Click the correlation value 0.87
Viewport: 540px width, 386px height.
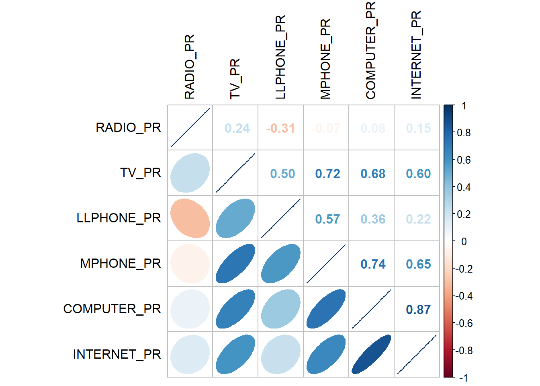[x=418, y=310]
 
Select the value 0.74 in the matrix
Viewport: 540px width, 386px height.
[x=373, y=264]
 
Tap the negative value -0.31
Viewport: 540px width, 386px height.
[x=280, y=128]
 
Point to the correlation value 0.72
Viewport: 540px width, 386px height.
[x=327, y=174]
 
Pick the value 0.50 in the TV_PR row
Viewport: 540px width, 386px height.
[x=282, y=174]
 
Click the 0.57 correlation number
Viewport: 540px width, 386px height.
[x=327, y=219]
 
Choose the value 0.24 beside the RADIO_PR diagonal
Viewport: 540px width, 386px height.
[x=237, y=128]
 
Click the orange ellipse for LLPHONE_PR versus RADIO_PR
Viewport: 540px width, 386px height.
[x=190, y=218]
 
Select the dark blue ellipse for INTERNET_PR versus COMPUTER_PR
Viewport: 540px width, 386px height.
[x=371, y=354]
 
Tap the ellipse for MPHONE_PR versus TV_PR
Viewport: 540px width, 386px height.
[x=235, y=264]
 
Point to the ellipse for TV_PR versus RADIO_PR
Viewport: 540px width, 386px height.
[x=190, y=173]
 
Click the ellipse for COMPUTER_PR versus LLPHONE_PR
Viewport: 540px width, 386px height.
[x=281, y=309]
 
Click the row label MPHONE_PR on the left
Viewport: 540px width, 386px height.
[x=121, y=263]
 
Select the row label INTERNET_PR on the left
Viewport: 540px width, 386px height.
[x=117, y=354]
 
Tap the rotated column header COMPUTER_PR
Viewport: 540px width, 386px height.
[x=370, y=50]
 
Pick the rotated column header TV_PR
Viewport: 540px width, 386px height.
[x=235, y=78]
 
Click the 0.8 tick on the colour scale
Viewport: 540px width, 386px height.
[x=464, y=133]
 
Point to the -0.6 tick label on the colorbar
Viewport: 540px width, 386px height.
[x=464, y=323]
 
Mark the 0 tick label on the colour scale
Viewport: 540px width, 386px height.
[x=464, y=242]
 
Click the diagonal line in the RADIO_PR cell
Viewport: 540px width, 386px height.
[x=190, y=127]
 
